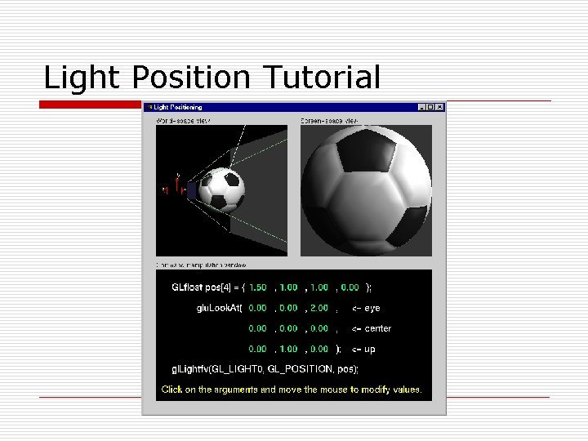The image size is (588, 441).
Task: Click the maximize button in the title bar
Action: [430, 107]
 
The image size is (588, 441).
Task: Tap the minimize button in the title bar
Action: [421, 107]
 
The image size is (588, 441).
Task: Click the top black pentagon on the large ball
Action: [365, 152]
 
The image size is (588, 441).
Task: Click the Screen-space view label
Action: [329, 120]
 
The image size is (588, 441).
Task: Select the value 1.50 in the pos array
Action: [258, 287]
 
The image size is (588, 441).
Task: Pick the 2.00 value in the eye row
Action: [318, 308]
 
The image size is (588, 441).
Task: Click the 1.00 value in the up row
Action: [288, 349]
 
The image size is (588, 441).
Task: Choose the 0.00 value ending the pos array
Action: [350, 287]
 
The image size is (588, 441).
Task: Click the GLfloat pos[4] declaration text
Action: [201, 287]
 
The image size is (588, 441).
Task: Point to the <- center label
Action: [372, 328]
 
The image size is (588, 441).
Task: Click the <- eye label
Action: [366, 308]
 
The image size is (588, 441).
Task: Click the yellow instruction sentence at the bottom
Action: [292, 390]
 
